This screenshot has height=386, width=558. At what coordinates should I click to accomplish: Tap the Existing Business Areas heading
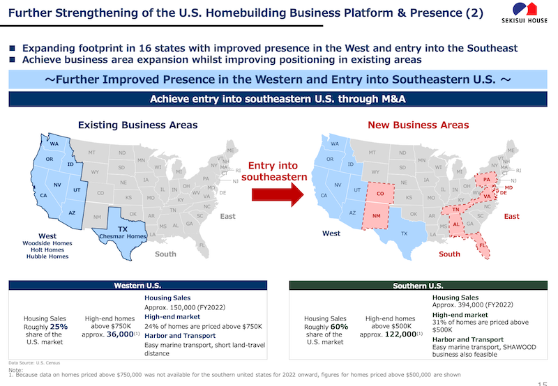coord(137,125)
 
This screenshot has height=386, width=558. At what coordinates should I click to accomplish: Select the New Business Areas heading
coord(418,125)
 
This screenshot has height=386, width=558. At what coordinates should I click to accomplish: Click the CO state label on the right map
coord(380,194)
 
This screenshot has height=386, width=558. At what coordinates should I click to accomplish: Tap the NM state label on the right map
coord(376,216)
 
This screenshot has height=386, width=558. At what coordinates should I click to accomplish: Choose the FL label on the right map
coord(483,245)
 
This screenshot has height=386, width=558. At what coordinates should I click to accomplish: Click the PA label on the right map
coord(486,180)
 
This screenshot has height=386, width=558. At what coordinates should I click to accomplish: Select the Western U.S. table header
coord(137,286)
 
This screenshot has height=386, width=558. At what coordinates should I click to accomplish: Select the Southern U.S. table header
coord(418,286)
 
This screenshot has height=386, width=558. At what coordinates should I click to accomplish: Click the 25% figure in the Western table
coord(59,326)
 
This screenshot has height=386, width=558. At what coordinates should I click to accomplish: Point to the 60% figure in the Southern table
coord(340,326)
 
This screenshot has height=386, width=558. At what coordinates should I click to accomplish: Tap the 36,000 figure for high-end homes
coord(119,334)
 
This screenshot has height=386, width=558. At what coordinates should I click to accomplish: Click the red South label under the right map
coord(450,254)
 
